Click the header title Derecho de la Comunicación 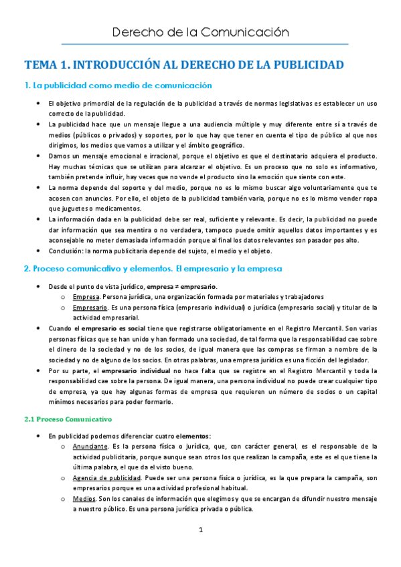(200, 31)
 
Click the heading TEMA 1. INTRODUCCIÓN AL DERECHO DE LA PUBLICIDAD (184, 65)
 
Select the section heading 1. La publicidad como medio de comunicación (118, 86)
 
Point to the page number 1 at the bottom (200, 530)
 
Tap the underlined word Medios (83, 499)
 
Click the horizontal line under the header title (200, 44)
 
